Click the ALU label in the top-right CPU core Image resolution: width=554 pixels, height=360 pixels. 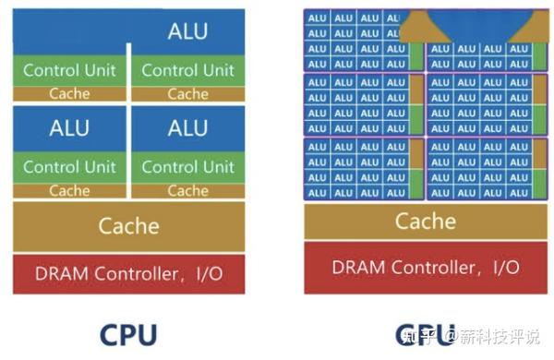coord(187,30)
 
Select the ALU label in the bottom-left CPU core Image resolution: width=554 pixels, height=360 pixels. coord(69,127)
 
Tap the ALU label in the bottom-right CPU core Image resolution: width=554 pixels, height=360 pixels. coord(187,127)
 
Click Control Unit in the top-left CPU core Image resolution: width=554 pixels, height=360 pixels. coord(69,70)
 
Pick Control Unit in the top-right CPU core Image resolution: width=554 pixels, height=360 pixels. coord(187,70)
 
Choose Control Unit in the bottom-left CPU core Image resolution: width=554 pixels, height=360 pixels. coord(69,167)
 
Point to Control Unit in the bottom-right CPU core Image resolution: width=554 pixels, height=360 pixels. coord(187,167)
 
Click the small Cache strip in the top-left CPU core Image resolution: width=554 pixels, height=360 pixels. coord(69,93)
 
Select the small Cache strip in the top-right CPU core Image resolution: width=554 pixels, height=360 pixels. coord(187,93)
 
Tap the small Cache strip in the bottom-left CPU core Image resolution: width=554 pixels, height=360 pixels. coord(69,191)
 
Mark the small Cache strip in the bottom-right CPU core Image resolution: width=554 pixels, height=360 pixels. coord(187,191)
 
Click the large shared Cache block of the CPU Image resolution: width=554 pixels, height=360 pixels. coord(128,226)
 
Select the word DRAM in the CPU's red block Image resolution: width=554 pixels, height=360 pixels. coord(56,273)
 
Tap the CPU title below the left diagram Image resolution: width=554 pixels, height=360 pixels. coord(128,333)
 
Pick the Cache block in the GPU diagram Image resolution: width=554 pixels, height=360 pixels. coord(425,222)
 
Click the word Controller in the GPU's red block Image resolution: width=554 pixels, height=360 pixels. coord(428,267)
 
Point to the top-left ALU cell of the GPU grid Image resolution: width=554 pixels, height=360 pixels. coord(317,18)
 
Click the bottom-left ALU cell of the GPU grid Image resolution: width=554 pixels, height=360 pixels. coord(317,192)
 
